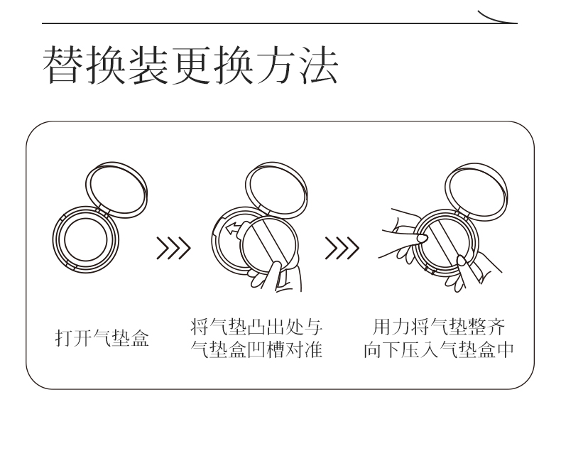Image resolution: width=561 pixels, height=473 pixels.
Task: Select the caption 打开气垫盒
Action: pyautogui.click(x=103, y=339)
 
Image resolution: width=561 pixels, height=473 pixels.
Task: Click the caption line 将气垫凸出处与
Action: pyautogui.click(x=257, y=328)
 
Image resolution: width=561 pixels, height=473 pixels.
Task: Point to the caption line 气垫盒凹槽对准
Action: pyautogui.click(x=257, y=350)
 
